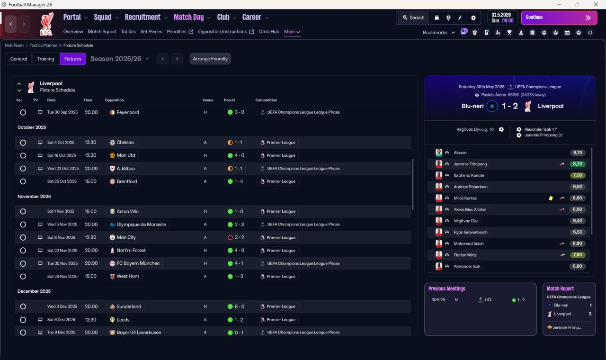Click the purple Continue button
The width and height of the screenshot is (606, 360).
coord(559,18)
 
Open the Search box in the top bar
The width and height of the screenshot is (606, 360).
coord(414,18)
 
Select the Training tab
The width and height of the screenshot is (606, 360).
coord(45,59)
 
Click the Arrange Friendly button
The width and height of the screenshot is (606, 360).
coord(210,59)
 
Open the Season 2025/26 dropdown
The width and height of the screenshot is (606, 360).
coord(120,59)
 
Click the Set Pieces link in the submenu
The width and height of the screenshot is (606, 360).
coord(151,32)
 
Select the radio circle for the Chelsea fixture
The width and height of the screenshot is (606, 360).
coord(23,143)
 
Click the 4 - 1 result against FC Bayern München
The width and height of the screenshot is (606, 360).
coord(236,263)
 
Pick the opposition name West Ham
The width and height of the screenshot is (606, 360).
coord(128,276)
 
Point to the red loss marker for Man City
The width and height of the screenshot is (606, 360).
coord(230,237)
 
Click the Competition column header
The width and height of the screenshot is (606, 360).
coord(266,100)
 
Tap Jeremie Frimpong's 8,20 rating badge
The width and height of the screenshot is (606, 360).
coord(578,164)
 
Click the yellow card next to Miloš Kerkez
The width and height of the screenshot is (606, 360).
coord(551,198)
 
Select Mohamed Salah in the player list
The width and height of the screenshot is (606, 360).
coord(469,243)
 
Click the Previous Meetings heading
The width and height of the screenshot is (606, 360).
coord(446,288)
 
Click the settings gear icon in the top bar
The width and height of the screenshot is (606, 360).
coord(473,18)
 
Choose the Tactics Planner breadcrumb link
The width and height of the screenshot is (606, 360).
coord(43,45)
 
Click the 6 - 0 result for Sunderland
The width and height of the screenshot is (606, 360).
coord(236,306)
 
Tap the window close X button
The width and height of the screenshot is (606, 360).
coord(596,4)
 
